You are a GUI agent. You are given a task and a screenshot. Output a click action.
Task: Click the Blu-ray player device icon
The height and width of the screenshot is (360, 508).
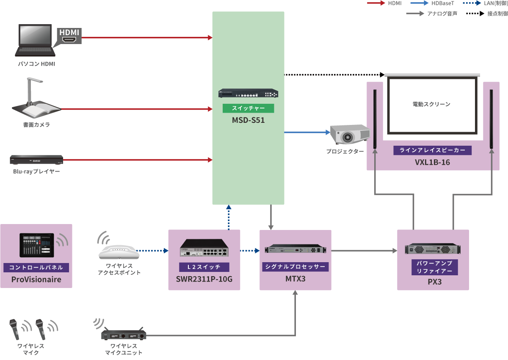point(37,160)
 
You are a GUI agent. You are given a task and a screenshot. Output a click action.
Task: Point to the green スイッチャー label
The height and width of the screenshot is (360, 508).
point(248,108)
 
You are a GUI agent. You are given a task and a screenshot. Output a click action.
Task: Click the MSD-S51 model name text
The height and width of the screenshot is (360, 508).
point(248,120)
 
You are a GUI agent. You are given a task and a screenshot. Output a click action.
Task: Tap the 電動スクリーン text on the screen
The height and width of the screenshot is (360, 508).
point(431,104)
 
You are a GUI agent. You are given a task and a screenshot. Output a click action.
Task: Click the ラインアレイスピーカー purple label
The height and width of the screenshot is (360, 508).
point(432,150)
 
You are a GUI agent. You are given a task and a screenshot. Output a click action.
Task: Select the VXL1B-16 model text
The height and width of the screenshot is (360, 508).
point(432,162)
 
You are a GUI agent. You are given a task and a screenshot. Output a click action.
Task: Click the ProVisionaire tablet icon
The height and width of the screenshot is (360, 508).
point(37,245)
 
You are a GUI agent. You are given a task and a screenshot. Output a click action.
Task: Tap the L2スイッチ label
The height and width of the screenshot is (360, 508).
point(204,267)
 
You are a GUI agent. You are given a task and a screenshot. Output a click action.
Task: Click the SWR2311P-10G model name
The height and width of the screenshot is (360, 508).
point(204,280)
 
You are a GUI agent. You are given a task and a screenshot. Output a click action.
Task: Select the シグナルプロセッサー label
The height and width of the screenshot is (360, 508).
point(295,267)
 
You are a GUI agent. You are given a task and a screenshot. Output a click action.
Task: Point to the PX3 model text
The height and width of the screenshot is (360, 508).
point(433,281)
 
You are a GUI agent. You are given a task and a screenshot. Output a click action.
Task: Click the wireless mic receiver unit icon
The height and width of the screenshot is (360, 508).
point(124,335)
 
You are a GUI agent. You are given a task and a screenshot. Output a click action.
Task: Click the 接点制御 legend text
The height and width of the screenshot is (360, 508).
point(497,14)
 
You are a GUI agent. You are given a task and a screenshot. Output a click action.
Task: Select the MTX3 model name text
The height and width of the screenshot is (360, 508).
point(295,279)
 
